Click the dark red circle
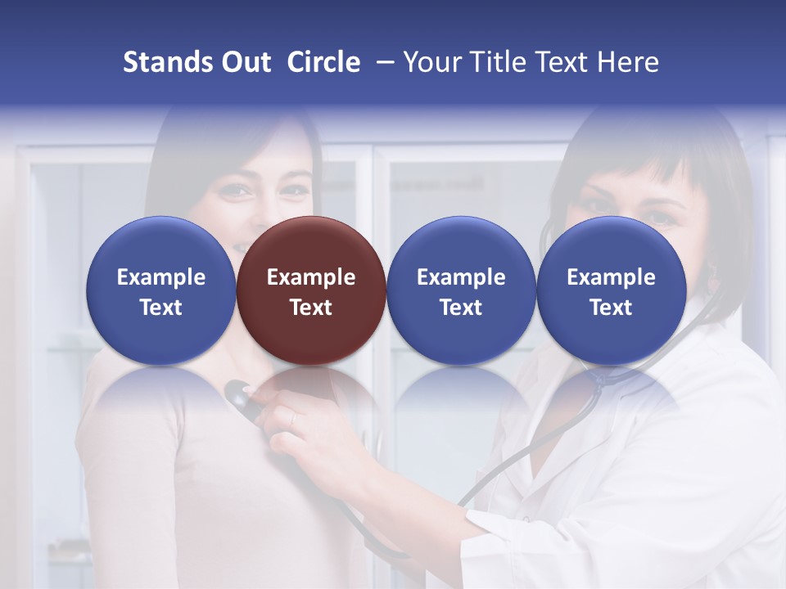311,290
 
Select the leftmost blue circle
160,290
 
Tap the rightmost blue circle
611,290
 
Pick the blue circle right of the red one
461,290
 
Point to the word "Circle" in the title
323,62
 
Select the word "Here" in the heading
629,62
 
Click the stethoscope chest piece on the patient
239,395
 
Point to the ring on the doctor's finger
294,418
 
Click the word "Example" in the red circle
311,277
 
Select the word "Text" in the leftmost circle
160,308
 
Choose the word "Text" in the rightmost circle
611,308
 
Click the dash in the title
383,62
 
